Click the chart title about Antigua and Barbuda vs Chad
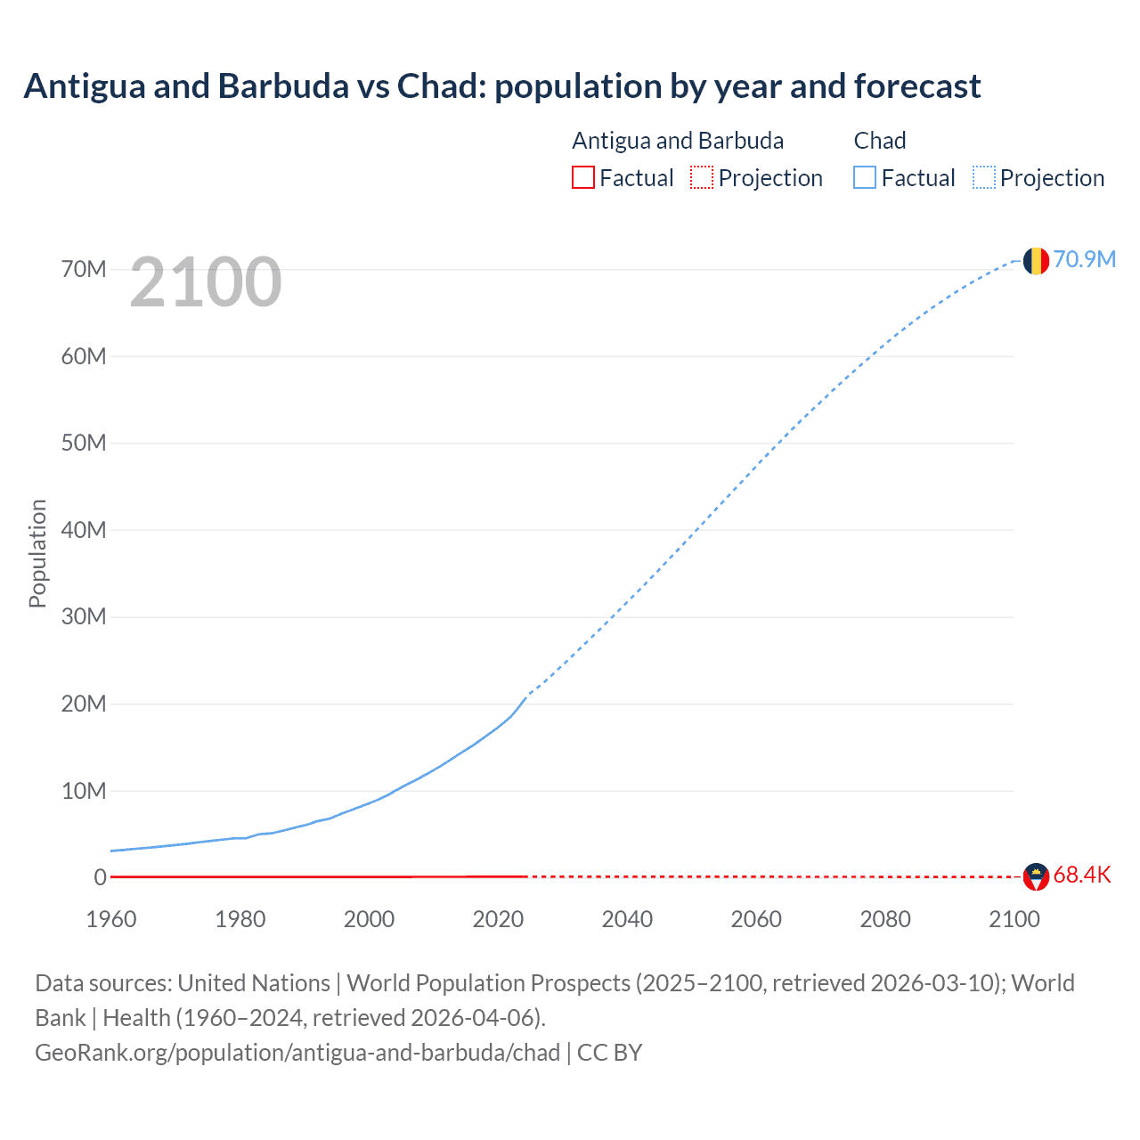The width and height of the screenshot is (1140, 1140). click(x=501, y=86)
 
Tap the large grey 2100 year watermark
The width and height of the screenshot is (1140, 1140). click(x=206, y=282)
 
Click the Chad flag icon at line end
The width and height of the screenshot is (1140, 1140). click(x=1036, y=260)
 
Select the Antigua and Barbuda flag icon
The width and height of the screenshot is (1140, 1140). click(x=1036, y=876)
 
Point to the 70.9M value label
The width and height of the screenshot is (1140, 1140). click(x=1084, y=259)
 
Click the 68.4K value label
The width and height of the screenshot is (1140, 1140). click(x=1082, y=875)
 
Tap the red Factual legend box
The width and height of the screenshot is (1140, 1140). click(x=583, y=178)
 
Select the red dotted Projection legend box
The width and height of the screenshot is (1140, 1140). click(x=702, y=178)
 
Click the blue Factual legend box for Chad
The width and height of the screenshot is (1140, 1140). click(x=865, y=178)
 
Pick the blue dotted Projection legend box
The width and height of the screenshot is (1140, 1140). click(x=984, y=178)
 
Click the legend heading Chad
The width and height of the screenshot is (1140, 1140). click(x=879, y=141)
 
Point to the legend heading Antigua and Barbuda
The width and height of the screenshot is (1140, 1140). click(x=678, y=141)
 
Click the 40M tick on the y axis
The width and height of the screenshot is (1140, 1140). click(x=84, y=530)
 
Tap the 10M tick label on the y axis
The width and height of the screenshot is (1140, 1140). click(x=84, y=791)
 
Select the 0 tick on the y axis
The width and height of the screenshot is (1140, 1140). click(x=100, y=877)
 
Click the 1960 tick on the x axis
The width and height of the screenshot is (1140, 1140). click(x=111, y=919)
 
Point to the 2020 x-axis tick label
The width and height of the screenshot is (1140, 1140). click(x=498, y=919)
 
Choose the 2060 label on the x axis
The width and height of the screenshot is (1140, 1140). click(x=756, y=919)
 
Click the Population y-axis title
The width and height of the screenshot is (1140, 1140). click(x=37, y=553)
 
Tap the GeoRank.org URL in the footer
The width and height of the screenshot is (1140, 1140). click(x=297, y=1053)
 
